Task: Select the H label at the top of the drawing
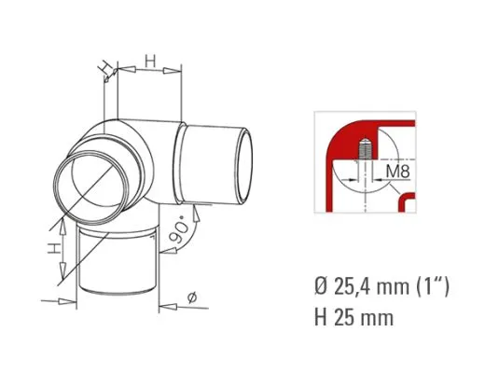pyautogui.click(x=149, y=61)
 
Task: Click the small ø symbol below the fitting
pyautogui.click(x=191, y=297)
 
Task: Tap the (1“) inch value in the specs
pyautogui.click(x=433, y=286)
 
